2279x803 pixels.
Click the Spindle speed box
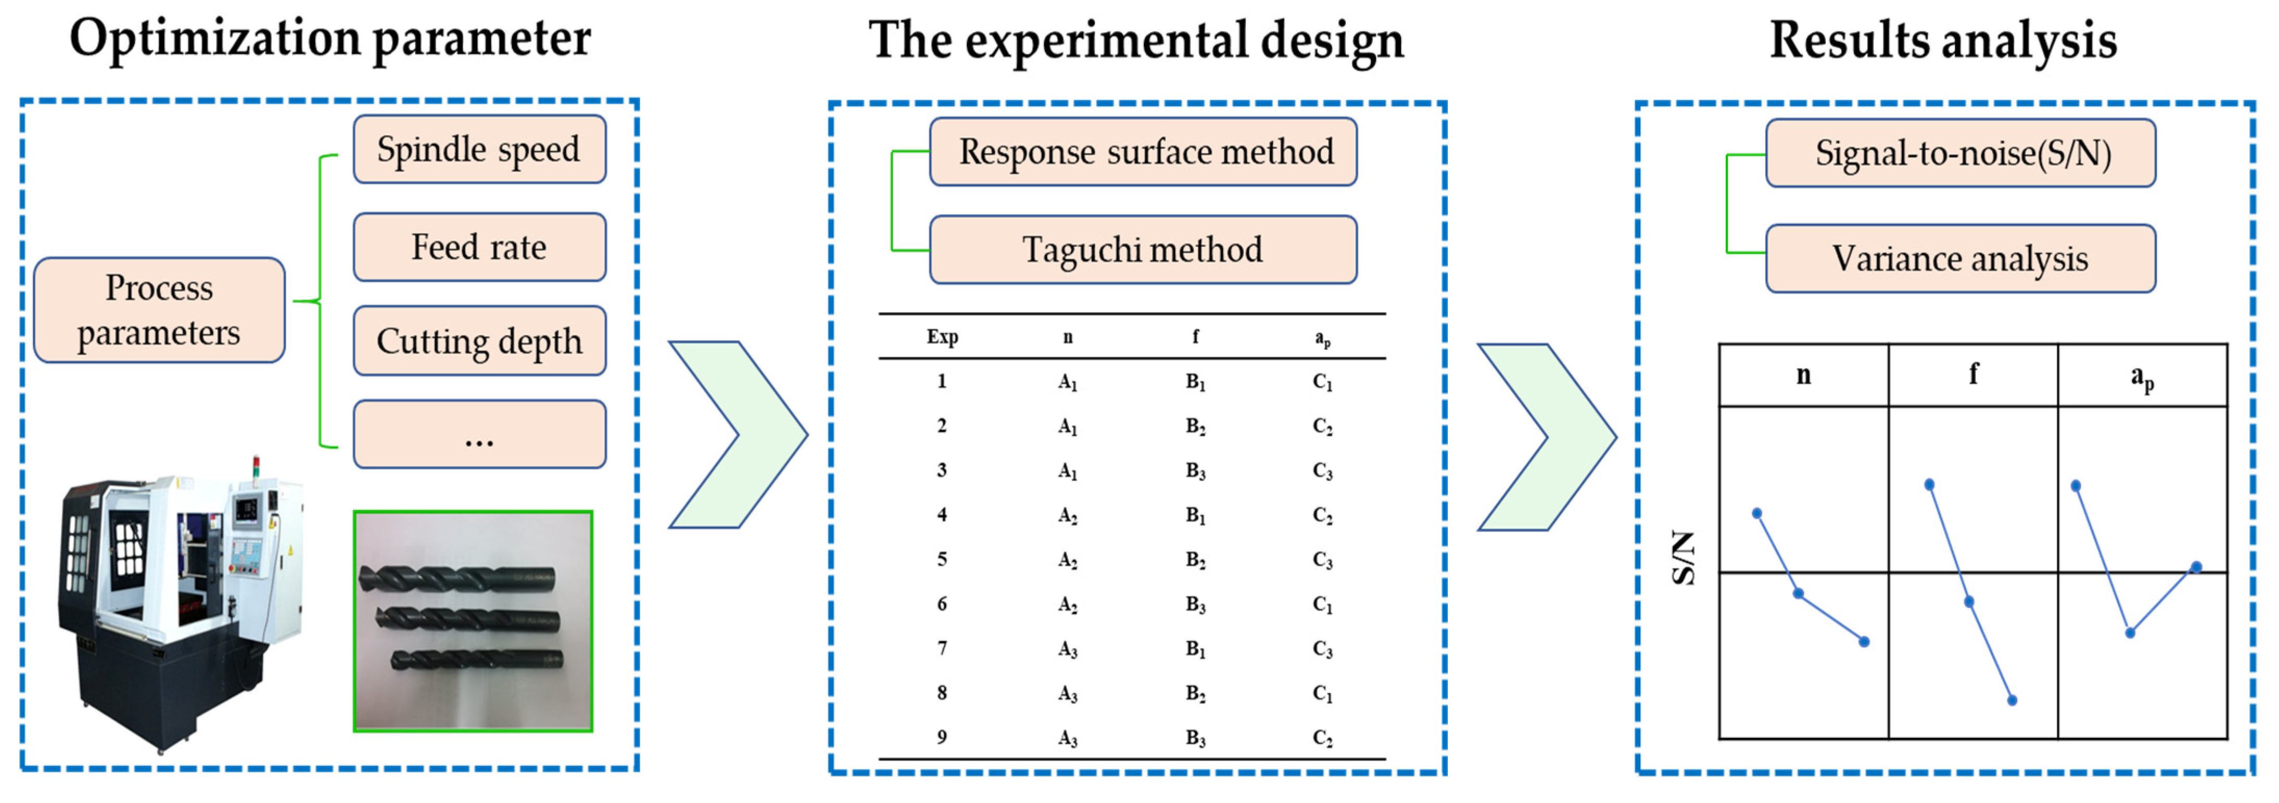(479, 149)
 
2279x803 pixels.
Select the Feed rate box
(479, 247)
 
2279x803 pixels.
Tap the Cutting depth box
(479, 341)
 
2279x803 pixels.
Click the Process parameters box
(159, 310)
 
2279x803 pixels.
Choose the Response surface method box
(1143, 152)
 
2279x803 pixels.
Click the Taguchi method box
(1143, 250)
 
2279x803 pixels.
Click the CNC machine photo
(181, 601)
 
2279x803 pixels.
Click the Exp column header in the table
(942, 337)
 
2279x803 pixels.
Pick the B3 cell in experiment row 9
(1195, 737)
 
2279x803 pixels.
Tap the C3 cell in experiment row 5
(1322, 560)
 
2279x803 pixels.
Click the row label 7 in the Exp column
(942, 648)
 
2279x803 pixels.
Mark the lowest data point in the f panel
(2012, 701)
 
